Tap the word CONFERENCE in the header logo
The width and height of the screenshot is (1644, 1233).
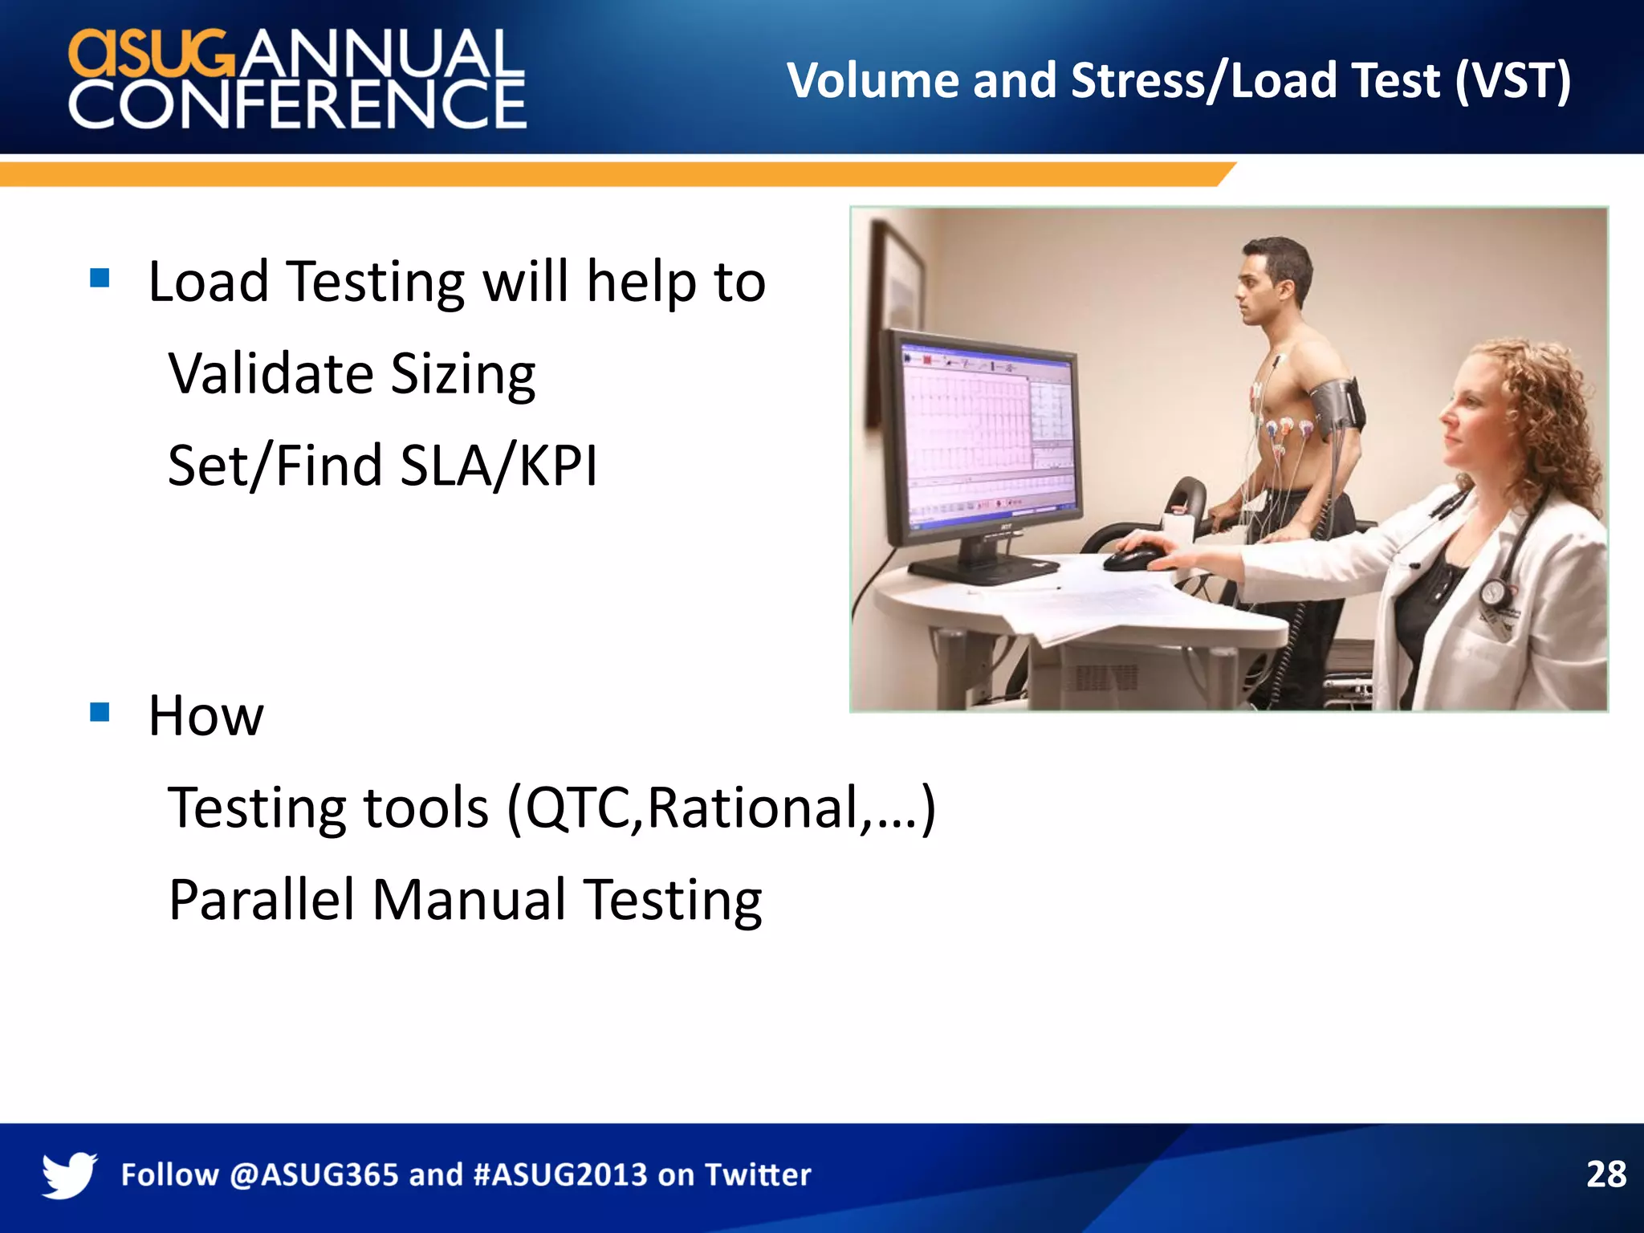tap(297, 105)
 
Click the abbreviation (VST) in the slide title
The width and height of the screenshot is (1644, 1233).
tap(1512, 81)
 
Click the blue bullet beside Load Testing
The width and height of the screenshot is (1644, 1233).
tap(100, 278)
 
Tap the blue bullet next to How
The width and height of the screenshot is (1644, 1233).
tap(100, 712)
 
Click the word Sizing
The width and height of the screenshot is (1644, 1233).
tap(463, 375)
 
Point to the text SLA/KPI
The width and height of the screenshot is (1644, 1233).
tap(498, 466)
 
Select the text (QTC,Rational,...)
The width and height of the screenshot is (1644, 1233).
tap(720, 808)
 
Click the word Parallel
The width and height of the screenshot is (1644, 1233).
tap(261, 899)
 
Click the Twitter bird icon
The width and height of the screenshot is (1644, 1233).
tap(69, 1174)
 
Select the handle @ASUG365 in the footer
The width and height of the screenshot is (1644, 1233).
tap(314, 1175)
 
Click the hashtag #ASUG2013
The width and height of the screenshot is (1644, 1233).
tap(560, 1175)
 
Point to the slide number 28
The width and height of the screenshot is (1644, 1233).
tap(1605, 1174)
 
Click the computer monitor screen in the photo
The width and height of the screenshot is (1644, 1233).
tap(987, 433)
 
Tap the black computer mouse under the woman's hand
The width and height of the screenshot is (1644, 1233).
tap(1133, 558)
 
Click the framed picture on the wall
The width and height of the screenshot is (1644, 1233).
tap(897, 297)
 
